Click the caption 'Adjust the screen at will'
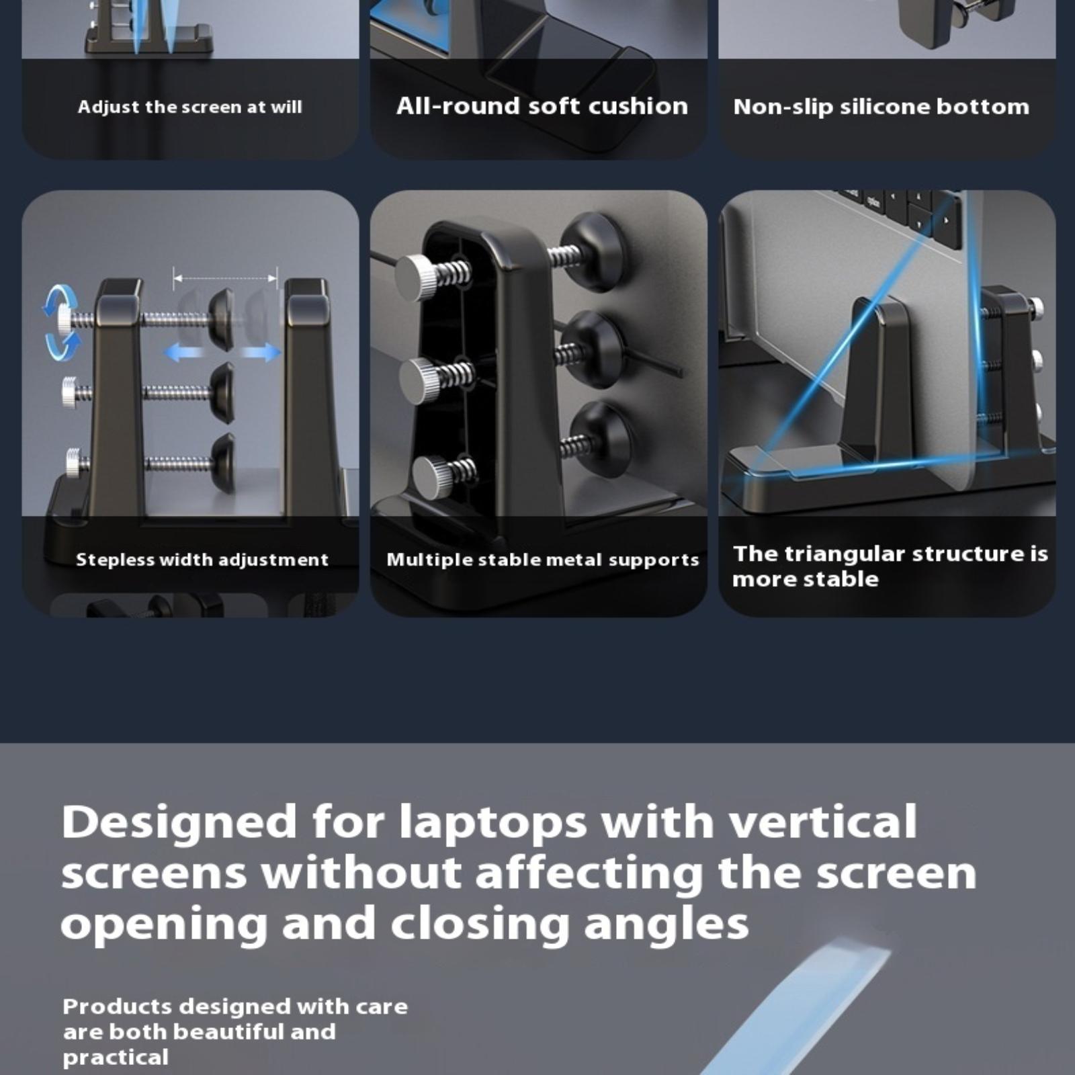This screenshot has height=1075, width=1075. [189, 107]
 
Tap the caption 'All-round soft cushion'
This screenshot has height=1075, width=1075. [542, 106]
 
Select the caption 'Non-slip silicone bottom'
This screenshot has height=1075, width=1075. [881, 107]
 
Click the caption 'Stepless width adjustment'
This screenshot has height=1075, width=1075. [202, 560]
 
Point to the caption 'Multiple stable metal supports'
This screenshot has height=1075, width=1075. [543, 560]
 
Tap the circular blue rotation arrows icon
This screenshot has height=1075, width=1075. [61, 320]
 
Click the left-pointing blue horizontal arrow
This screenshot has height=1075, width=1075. [184, 351]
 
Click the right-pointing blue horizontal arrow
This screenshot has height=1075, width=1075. [261, 351]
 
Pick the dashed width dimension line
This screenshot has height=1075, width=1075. [225, 277]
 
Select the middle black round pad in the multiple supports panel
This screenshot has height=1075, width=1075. [593, 349]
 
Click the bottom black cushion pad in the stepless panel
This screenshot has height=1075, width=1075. [223, 462]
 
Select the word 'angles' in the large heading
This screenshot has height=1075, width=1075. [666, 924]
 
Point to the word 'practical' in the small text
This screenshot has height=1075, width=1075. [116, 1058]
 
